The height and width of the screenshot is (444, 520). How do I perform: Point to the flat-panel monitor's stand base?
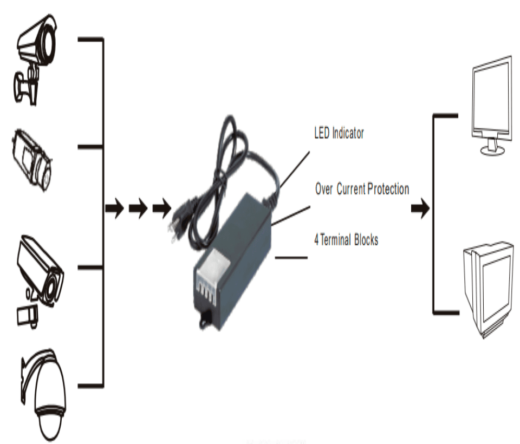492,150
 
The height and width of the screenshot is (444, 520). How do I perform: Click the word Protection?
388,189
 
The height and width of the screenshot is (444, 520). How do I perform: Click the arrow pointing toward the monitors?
420,208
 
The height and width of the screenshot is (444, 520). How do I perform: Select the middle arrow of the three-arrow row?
138,208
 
